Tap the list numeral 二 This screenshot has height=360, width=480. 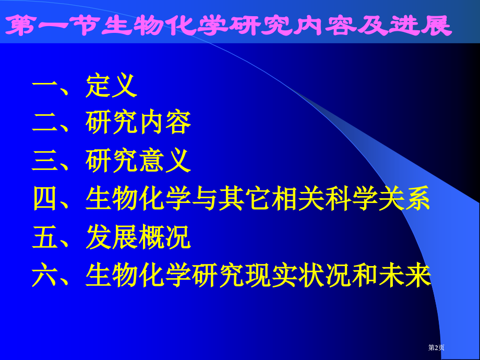pos(45,123)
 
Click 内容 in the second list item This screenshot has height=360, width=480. pos(165,123)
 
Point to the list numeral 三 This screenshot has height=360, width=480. pos(45,161)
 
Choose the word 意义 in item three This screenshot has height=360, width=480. pos(165,161)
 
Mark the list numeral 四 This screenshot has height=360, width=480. pos(45,199)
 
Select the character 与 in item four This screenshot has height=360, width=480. pos(205,199)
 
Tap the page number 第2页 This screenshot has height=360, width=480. pos(436,347)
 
